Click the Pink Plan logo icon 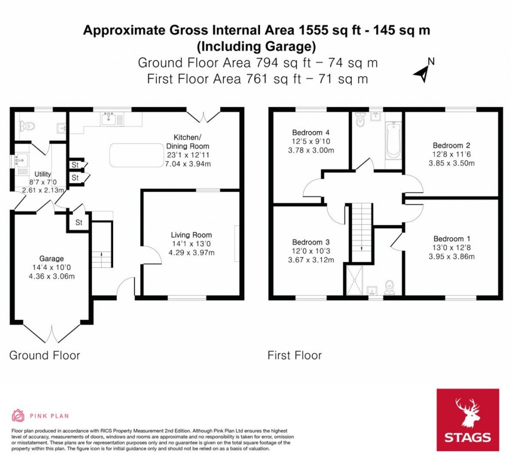coord(18,415)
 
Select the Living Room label coord(191,235)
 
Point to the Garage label coord(52,258)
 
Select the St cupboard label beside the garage coord(79,223)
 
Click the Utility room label coord(42,174)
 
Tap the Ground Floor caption coord(45,355)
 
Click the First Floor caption coord(294,355)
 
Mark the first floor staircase coord(361,231)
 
